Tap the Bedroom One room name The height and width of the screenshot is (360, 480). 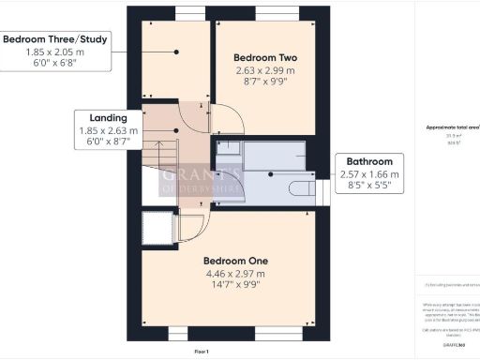coord(236,260)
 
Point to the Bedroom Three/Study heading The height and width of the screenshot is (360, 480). coord(54,39)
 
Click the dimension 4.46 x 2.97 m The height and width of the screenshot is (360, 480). coord(236,273)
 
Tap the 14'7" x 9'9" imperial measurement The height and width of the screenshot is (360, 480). coord(236,286)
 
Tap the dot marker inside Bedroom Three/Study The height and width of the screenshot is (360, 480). coord(174,52)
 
